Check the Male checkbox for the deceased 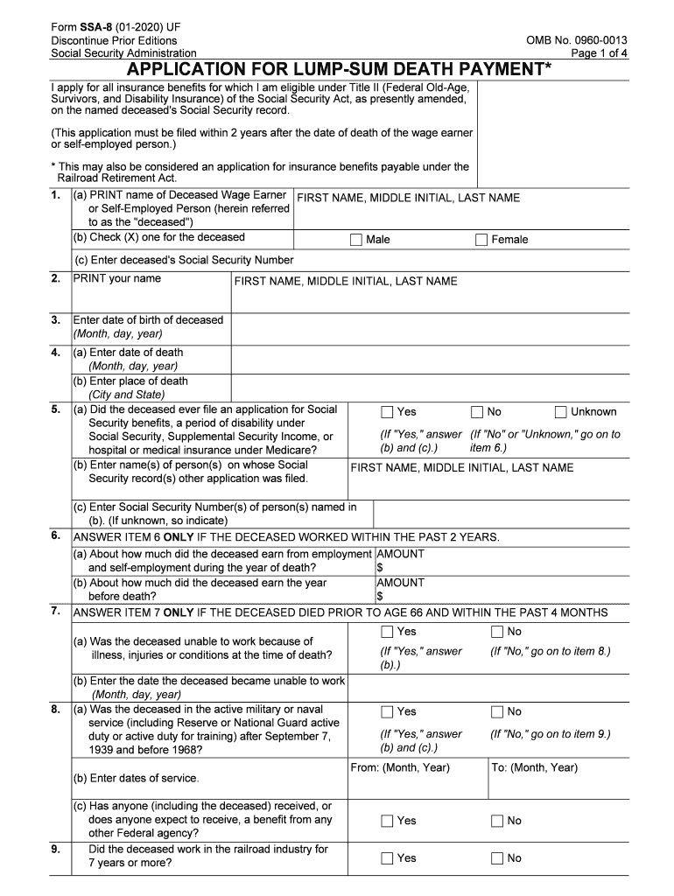pos(355,240)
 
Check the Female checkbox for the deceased pos(481,240)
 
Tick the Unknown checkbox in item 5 pos(561,412)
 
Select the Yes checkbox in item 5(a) pos(387,412)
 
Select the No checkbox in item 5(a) pos(477,412)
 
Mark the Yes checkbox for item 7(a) pos(387,632)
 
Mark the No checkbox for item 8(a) pos(497,712)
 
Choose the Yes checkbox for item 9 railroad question pos(387,858)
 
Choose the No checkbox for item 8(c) pos(497,821)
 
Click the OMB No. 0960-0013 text pos(576,41)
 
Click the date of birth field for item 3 pos(429,327)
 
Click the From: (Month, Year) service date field pos(418,782)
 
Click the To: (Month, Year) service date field pos(558,782)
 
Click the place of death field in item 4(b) pos(429,388)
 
